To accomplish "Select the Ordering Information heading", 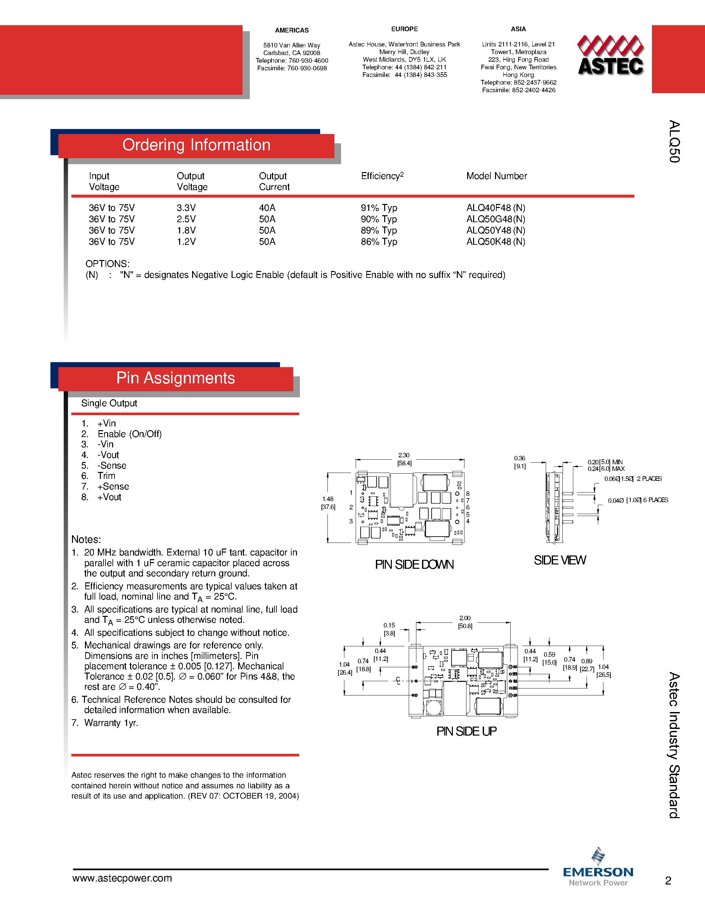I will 196,145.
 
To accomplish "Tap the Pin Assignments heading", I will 176,378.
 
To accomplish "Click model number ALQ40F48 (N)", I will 495,208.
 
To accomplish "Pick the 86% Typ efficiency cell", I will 379,242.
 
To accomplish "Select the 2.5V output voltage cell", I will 186,219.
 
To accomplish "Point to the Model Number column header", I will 496,176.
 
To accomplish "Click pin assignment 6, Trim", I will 106,476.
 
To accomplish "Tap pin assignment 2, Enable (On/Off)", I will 129,434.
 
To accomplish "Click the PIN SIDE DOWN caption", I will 414,564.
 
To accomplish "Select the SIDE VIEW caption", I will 560,560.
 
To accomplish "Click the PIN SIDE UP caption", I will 466,731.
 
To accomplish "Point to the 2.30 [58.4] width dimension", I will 404,459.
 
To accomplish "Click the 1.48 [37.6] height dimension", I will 328,503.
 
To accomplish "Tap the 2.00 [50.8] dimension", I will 465,622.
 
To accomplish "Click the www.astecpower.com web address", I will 122,878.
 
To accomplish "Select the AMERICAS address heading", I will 292,30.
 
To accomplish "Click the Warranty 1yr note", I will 111,723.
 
